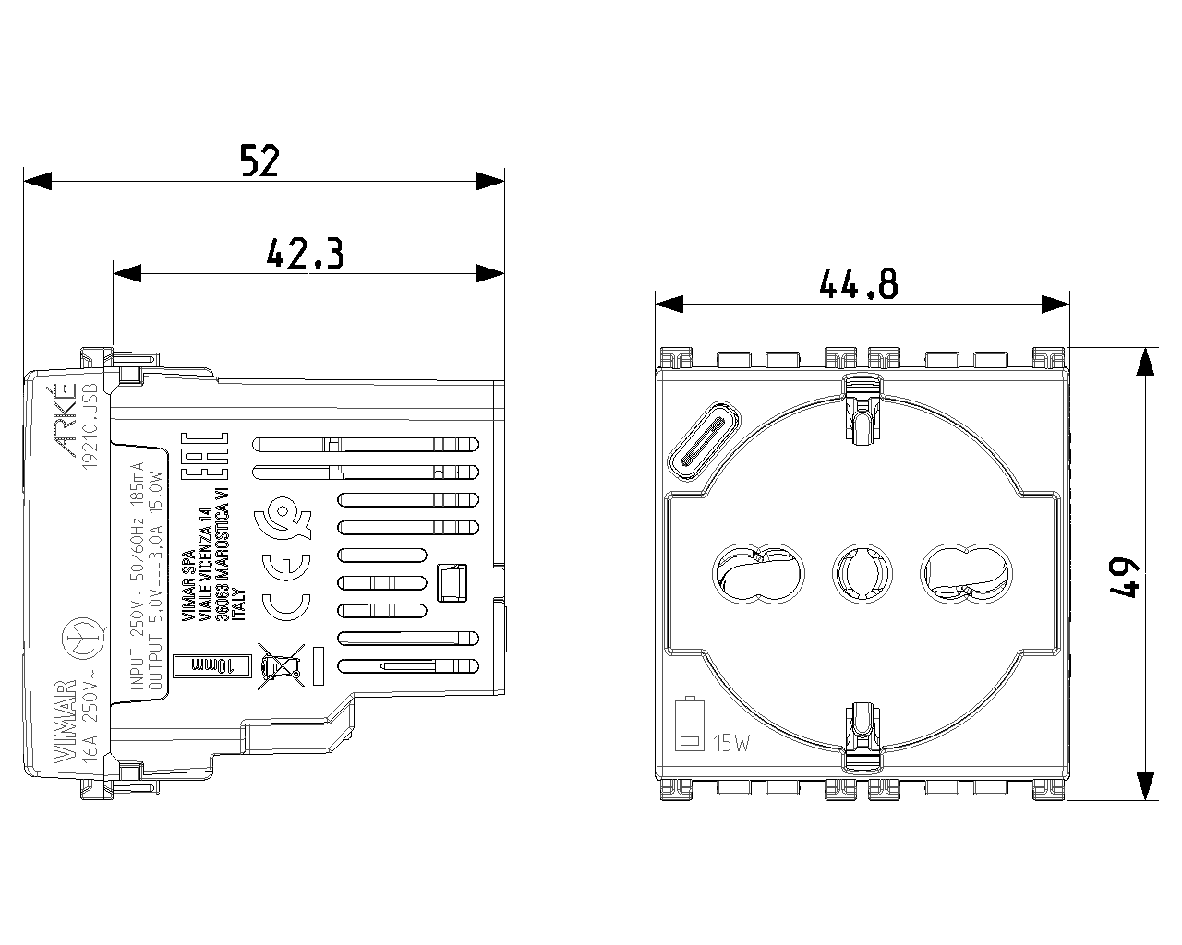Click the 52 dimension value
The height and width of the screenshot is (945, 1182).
pos(259,161)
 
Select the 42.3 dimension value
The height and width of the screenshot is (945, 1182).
pos(305,253)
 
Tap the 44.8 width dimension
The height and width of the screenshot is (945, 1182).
pos(858,283)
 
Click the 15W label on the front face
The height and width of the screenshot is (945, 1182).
pos(731,743)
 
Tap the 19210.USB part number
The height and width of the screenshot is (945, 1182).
pos(90,425)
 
